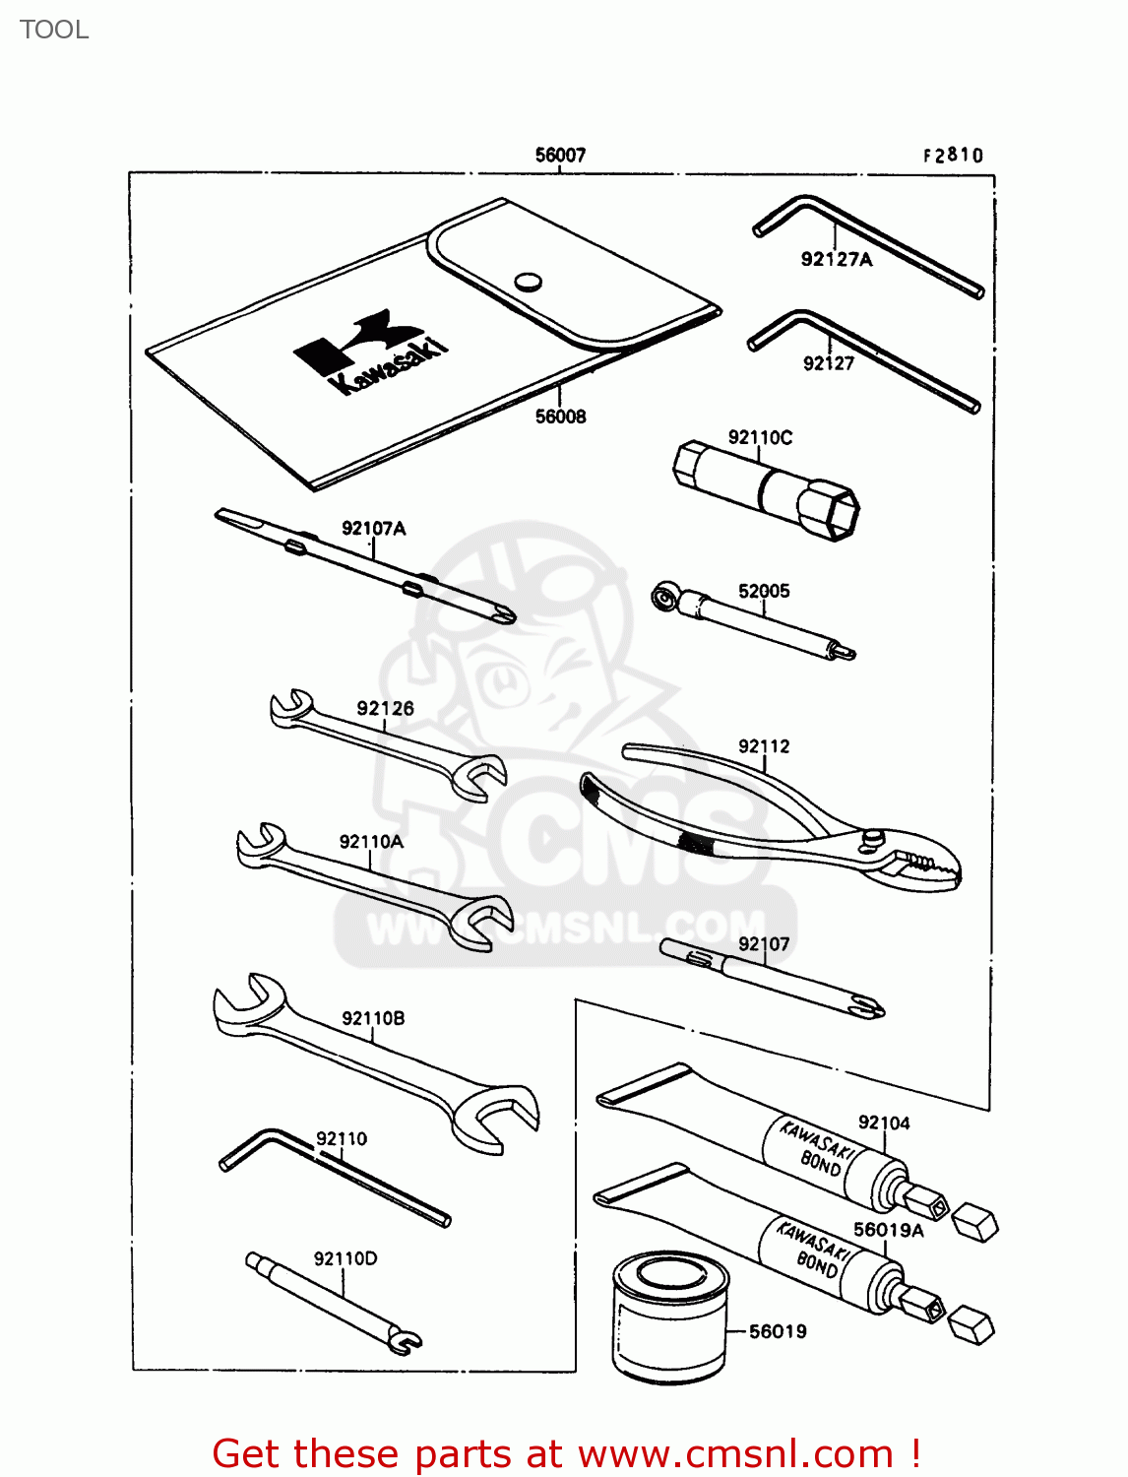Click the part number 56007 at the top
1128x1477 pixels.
560,156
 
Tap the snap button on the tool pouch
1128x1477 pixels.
529,282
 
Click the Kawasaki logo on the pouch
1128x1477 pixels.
372,351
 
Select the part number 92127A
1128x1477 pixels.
836,260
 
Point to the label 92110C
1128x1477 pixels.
760,437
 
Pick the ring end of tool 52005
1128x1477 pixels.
665,597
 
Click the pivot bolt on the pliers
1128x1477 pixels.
872,837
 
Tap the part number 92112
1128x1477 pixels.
764,746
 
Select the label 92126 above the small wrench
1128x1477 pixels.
385,709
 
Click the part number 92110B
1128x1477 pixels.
373,1018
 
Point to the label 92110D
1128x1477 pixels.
345,1258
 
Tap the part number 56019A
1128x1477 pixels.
888,1230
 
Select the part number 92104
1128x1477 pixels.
884,1123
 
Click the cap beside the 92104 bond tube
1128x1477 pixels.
975,1221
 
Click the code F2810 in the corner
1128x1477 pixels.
953,156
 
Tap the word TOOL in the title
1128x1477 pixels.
54,30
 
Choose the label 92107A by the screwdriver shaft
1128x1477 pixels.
373,529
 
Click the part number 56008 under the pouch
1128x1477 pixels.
560,417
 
